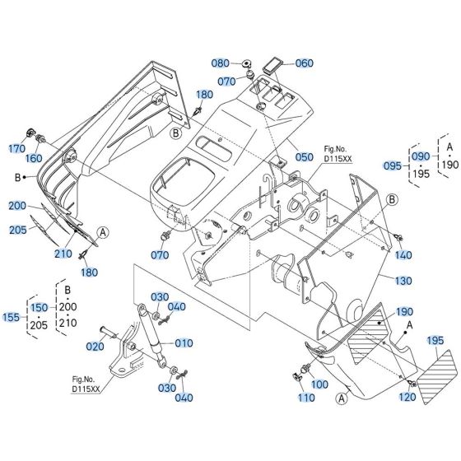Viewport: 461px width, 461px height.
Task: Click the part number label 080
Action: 198,63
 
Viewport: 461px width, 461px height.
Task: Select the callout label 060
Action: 282,63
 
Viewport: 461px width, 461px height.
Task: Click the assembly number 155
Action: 12,316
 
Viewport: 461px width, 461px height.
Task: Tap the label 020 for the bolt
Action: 95,347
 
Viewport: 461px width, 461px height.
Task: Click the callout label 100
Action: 319,384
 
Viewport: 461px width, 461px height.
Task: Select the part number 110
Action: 306,398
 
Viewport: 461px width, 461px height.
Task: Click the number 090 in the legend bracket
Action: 421,156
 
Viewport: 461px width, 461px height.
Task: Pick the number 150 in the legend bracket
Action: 39,306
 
